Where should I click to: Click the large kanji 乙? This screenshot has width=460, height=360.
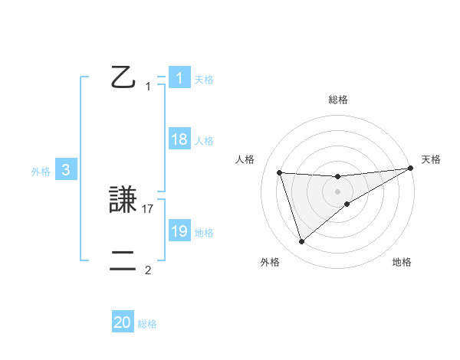coord(124,77)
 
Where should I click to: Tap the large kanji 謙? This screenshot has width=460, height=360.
coord(125,201)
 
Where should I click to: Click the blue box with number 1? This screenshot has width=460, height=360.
coord(179,78)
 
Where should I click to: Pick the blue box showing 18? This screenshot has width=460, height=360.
coord(179,140)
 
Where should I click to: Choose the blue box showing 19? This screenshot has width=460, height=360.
coord(179,232)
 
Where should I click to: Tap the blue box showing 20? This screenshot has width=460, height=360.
coord(123,323)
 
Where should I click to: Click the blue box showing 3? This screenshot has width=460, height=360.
coord(66,171)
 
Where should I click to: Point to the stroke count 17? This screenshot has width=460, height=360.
coord(149,208)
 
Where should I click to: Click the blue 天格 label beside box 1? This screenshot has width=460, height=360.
coord(204,80)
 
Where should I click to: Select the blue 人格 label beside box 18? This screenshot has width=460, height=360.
coord(204,141)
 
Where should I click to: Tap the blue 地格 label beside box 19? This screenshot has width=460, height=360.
coord(204,233)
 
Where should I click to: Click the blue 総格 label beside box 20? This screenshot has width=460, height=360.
coord(147,325)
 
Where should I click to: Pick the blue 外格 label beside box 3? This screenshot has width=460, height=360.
coord(41,172)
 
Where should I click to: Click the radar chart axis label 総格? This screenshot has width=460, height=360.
coord(337,100)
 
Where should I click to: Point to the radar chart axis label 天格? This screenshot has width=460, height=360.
coord(431,159)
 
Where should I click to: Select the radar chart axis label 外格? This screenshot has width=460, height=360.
coord(270,262)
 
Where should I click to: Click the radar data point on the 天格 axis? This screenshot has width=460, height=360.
coord(410,169)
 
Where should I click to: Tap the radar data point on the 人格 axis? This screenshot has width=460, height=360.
coord(280,172)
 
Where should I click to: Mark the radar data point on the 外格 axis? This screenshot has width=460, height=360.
coord(302,242)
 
